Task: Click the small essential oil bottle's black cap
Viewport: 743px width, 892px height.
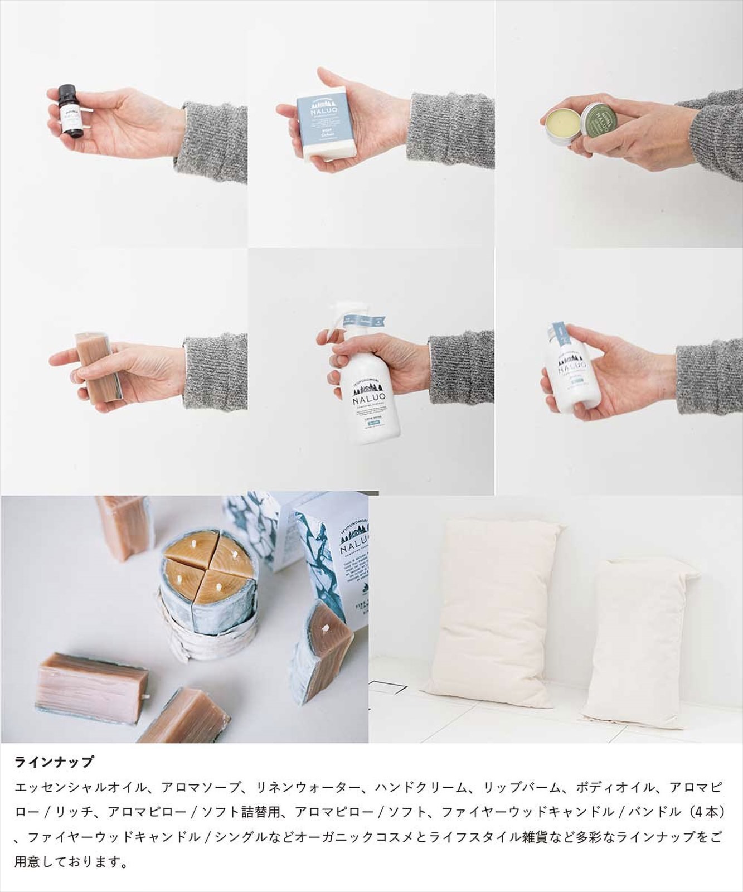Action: point(67,95)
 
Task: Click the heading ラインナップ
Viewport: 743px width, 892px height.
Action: point(54,762)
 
